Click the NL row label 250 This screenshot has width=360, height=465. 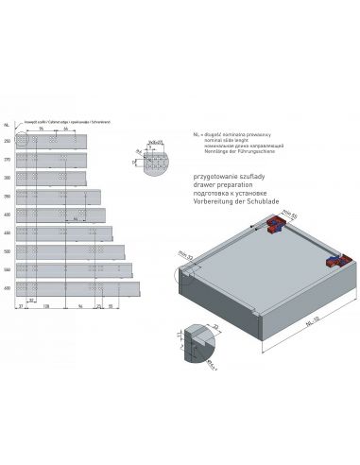click(8, 142)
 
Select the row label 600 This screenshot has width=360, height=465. click(8, 286)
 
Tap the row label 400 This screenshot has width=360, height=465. click(8, 215)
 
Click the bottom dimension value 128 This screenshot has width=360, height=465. click(46, 307)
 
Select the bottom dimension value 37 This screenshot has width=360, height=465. click(21, 307)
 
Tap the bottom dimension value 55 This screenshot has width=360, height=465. click(111, 307)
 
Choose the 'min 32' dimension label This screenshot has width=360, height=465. click(184, 255)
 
